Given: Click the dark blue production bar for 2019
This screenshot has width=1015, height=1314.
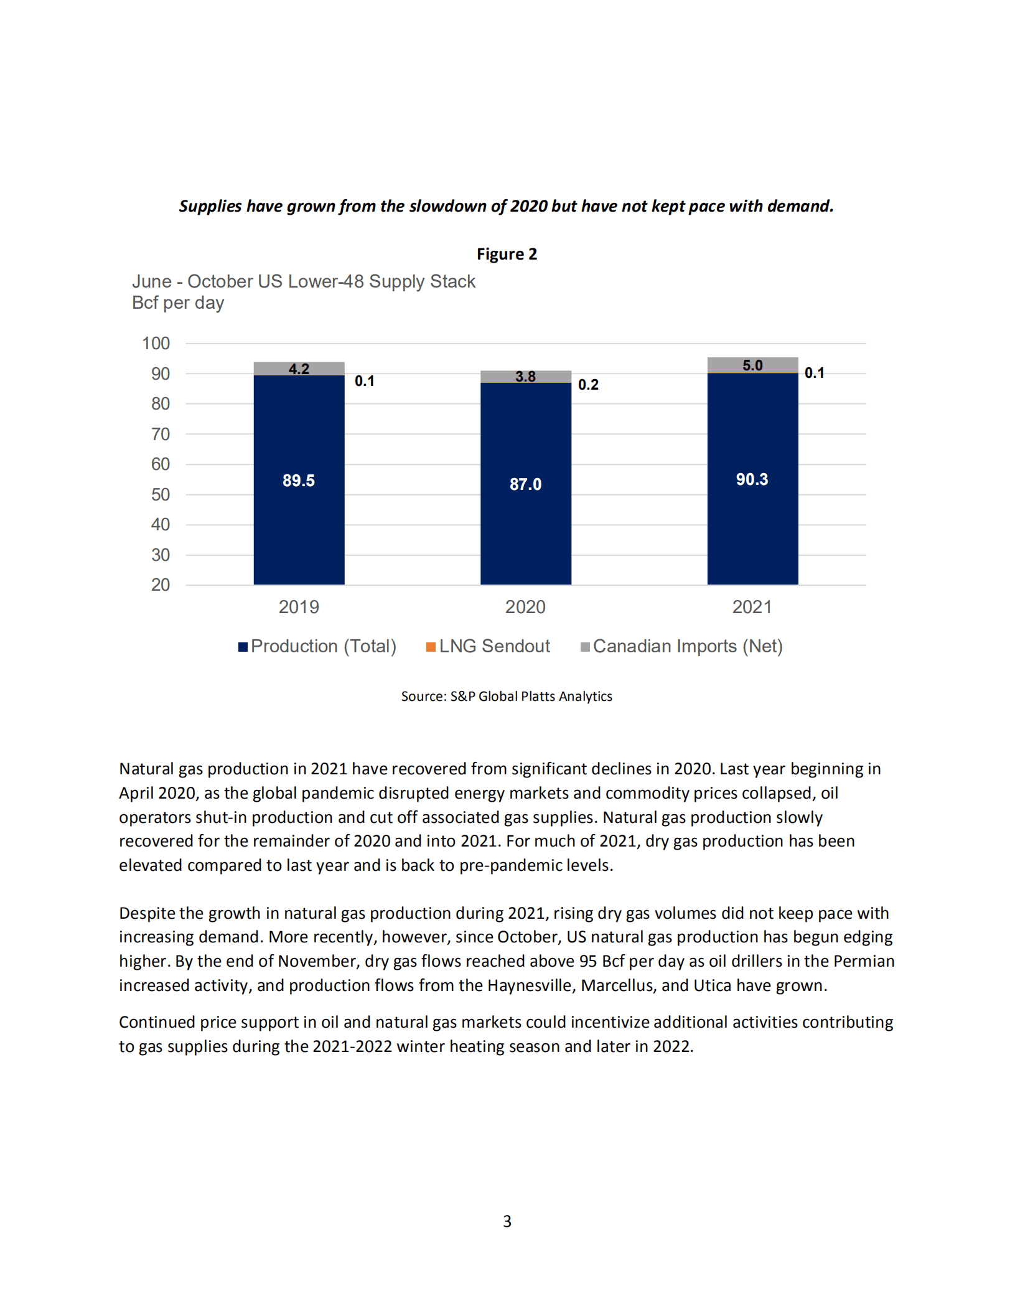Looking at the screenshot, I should point(299,529).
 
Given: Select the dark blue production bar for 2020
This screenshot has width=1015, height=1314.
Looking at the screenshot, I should point(525,535).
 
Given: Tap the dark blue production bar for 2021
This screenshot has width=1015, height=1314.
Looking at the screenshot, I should point(752,529).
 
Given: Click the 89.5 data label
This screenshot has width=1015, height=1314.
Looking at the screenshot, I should point(299,481).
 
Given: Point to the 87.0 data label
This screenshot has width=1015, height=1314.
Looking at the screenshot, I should point(525,484).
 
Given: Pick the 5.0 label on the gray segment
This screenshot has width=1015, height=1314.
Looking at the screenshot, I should point(752,365).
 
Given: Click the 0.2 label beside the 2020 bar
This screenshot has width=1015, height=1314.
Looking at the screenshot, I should point(588,385).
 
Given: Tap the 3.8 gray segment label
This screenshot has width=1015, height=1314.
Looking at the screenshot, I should point(525,377).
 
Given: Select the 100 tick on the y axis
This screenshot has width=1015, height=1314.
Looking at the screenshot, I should point(156,344).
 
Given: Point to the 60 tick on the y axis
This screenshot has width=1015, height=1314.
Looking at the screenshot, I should point(160,464).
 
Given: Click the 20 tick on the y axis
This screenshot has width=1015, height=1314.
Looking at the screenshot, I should point(160,585).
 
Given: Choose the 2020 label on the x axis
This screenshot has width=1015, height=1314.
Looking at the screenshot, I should point(525,607).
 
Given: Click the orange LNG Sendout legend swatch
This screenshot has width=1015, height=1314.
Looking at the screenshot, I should point(431,647).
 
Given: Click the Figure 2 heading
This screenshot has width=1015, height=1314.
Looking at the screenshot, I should point(507,254).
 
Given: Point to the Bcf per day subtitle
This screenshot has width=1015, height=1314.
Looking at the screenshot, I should point(178,303).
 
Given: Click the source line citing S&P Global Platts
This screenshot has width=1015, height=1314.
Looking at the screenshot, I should point(507,697).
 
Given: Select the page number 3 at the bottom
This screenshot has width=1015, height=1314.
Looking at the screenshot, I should point(507,1221).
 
